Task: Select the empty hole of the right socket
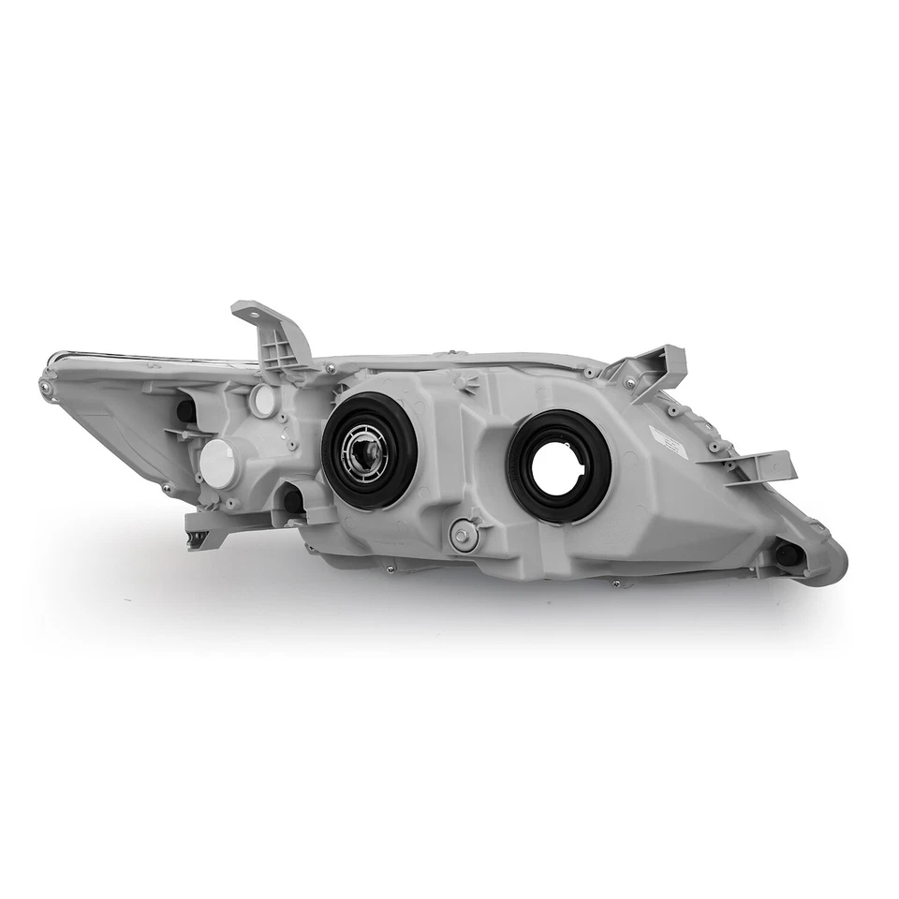(x=559, y=464)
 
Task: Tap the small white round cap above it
(x=264, y=400)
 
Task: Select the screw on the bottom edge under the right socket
(x=616, y=582)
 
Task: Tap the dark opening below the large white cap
(x=293, y=501)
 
